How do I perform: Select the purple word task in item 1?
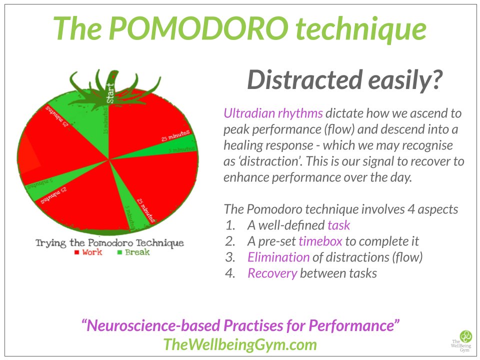pos(338,225)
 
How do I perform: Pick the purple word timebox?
pos(320,241)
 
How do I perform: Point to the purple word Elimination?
pos(278,257)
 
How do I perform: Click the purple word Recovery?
pos(272,273)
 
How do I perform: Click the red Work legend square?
pos(77,252)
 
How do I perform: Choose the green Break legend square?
pos(119,252)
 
